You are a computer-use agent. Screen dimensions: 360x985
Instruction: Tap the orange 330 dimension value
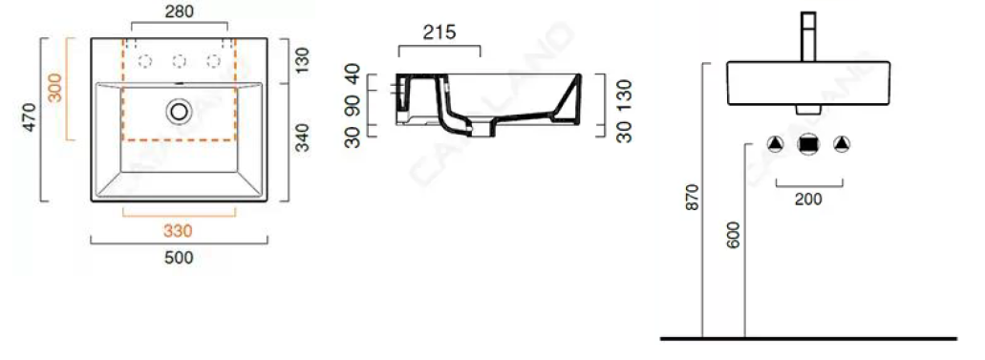pyautogui.click(x=179, y=230)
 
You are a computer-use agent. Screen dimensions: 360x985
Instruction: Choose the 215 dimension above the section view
pyautogui.click(x=439, y=32)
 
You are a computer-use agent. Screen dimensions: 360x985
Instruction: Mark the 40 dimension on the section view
pyautogui.click(x=353, y=74)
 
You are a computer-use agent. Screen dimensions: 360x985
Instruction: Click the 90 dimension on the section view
pyautogui.click(x=353, y=104)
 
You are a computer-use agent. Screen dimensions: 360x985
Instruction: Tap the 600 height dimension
pyautogui.click(x=734, y=235)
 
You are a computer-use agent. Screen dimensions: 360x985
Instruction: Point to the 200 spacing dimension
pyautogui.click(x=807, y=199)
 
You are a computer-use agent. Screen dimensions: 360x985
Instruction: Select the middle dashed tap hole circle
pyautogui.click(x=179, y=62)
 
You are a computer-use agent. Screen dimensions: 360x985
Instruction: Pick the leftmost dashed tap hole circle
pyautogui.click(x=145, y=62)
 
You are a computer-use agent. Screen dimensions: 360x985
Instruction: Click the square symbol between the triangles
pyautogui.click(x=808, y=145)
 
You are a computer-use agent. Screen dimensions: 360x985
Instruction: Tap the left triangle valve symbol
pyautogui.click(x=777, y=145)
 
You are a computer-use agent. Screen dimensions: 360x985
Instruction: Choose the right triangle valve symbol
pyautogui.click(x=841, y=145)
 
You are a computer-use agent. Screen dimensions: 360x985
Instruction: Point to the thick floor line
pyautogui.click(x=808, y=338)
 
